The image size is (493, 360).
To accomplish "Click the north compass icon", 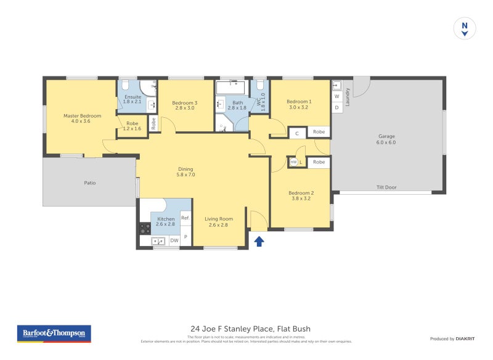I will point(465,28).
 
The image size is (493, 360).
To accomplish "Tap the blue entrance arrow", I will point(259,241).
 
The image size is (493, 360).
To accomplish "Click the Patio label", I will point(90,182).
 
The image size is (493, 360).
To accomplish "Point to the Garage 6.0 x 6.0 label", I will point(386,139).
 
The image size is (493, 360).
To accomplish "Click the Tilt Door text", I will point(386,187).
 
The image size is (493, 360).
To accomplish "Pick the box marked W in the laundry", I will point(336,97).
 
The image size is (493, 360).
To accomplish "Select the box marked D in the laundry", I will point(336,108).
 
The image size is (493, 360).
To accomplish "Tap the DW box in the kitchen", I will point(174,240).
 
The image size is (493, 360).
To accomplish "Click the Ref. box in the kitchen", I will point(185,218).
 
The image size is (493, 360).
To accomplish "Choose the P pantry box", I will point(185,237).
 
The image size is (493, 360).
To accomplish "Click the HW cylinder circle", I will point(293,162).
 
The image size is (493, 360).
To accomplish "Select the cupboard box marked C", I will point(297,133).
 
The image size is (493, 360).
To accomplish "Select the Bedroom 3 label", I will point(185,106).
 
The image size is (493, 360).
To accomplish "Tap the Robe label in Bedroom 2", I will point(319,162).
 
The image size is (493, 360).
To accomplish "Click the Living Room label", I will point(219,222).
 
